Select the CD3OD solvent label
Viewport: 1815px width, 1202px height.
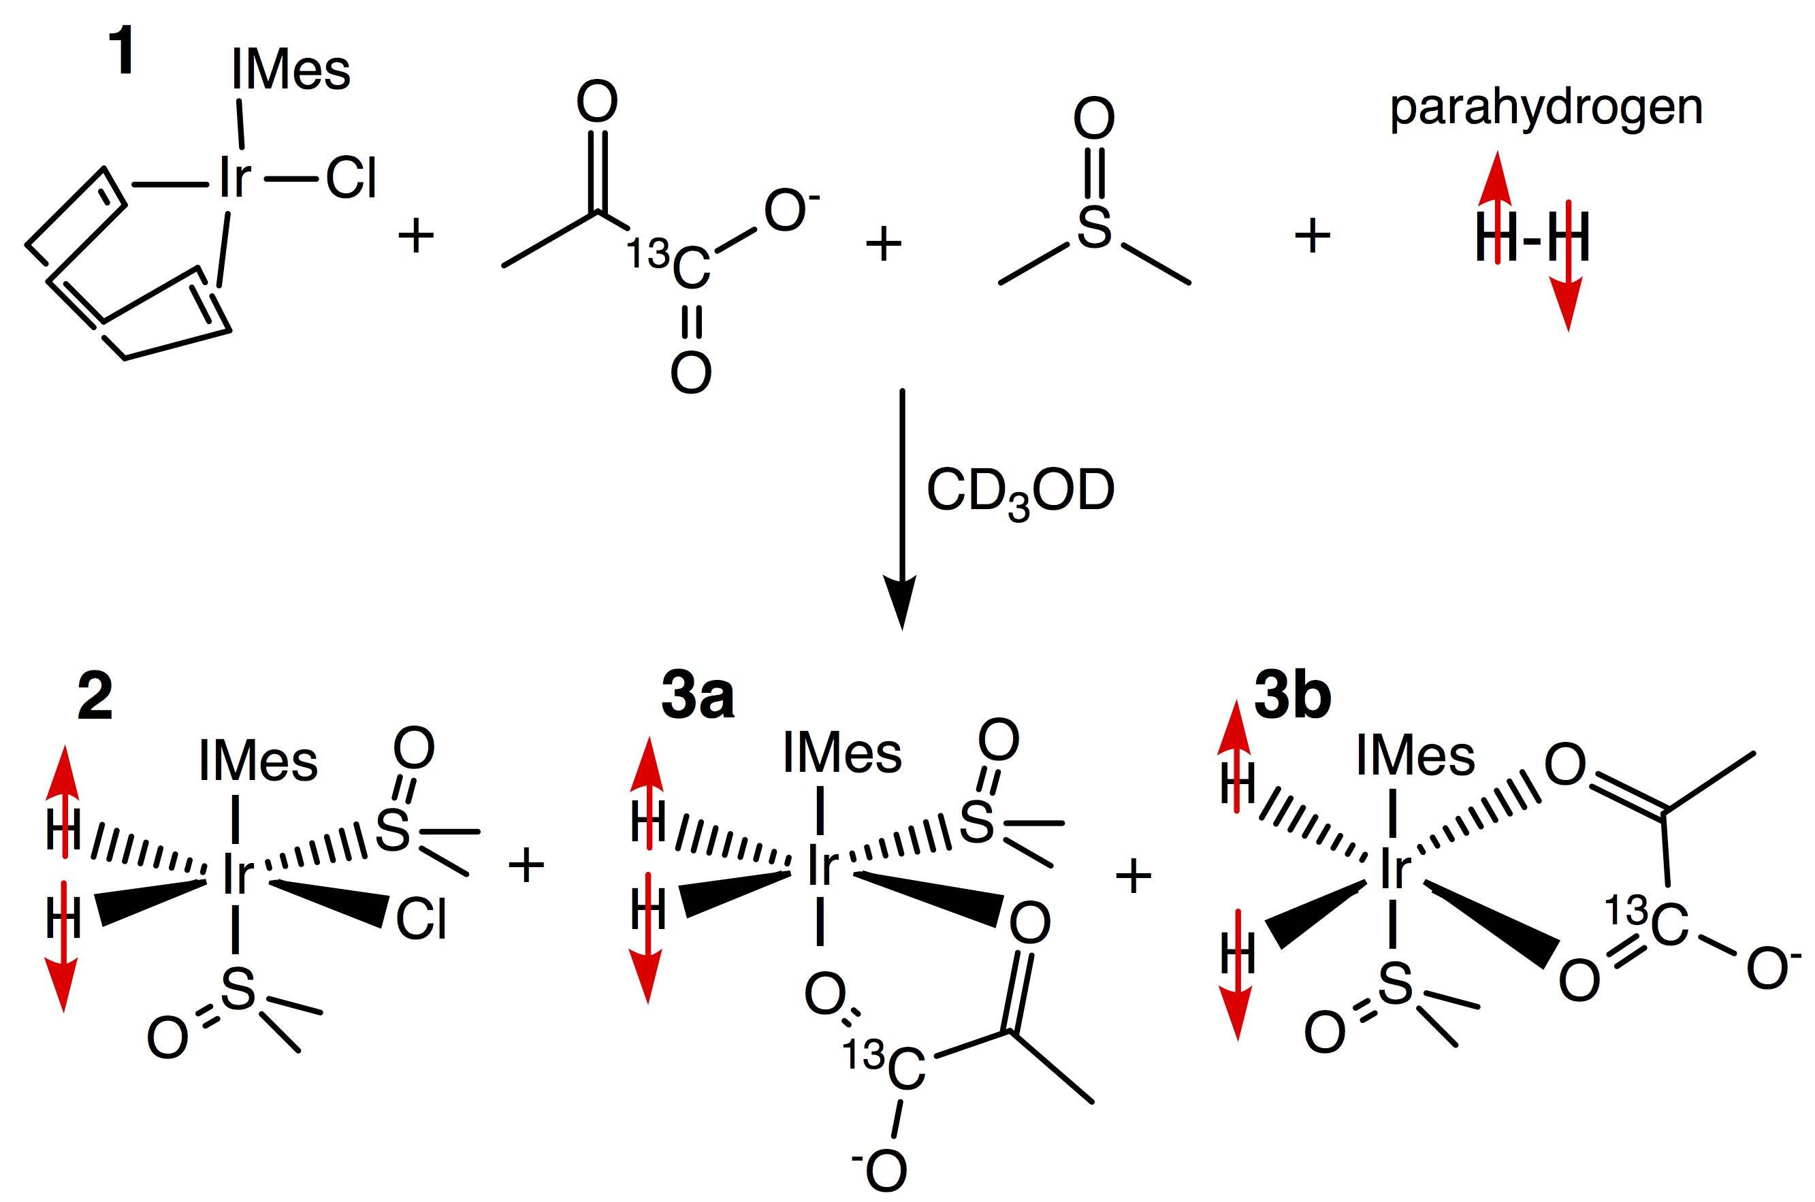[x=1020, y=491]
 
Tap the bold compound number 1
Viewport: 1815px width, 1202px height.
[x=123, y=51]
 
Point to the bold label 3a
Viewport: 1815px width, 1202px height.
[x=697, y=696]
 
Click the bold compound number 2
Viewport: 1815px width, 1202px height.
[x=95, y=696]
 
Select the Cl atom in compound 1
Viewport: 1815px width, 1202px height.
[x=351, y=178]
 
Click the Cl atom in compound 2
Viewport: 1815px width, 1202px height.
[x=421, y=920]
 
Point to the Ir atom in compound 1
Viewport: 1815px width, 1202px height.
[x=235, y=178]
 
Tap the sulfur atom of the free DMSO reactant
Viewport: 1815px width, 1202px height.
[x=1094, y=228]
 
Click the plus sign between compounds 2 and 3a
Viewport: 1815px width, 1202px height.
[x=526, y=867]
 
